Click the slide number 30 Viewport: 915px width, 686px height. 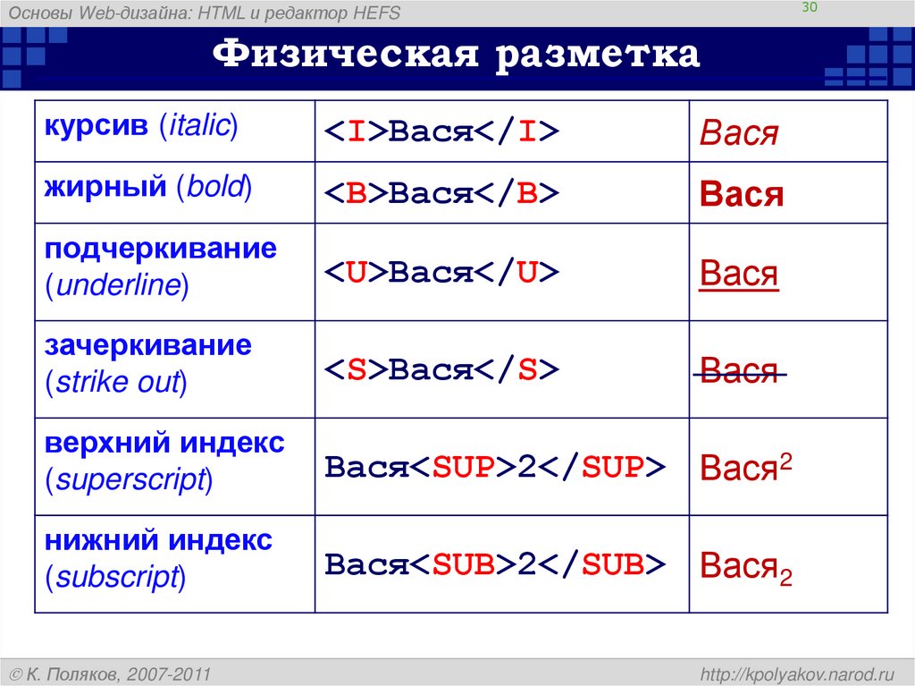(x=811, y=8)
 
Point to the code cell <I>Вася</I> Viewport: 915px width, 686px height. (x=441, y=132)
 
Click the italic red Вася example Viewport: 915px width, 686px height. (x=739, y=134)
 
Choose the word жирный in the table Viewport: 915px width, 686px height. (x=105, y=186)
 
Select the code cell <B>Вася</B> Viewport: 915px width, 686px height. (x=441, y=194)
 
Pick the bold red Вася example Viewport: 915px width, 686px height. (x=742, y=195)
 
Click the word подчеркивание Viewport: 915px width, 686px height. (x=161, y=249)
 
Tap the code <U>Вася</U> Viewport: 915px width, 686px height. (x=441, y=273)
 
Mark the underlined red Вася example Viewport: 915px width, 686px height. (x=739, y=274)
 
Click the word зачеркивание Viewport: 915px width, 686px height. (x=148, y=345)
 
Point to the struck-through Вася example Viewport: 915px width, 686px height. (x=739, y=370)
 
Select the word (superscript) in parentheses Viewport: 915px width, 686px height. (x=129, y=480)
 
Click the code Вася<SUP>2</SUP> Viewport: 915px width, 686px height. (x=495, y=467)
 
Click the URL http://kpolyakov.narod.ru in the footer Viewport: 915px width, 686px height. (x=798, y=673)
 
